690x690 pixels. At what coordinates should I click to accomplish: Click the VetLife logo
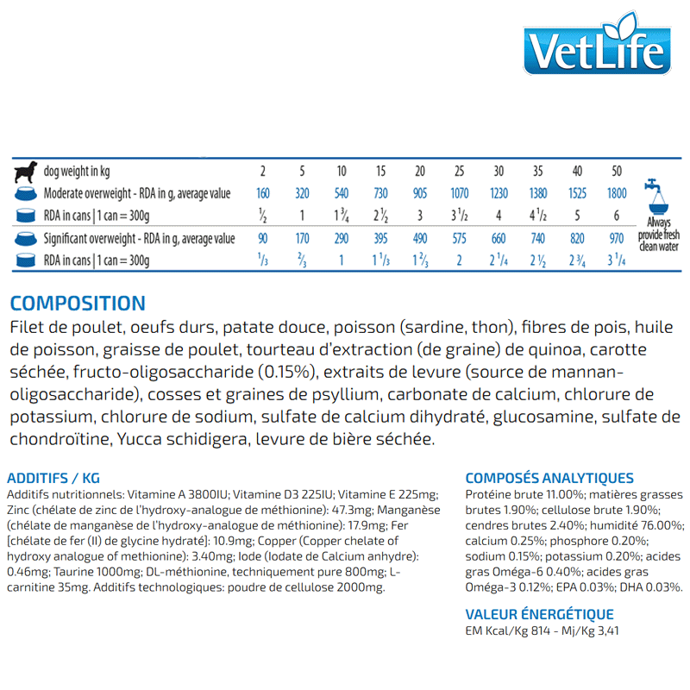pyautogui.click(x=597, y=51)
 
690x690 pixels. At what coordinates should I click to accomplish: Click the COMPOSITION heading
pyautogui.click(x=78, y=304)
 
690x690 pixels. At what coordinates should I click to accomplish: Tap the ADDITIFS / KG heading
pyautogui.click(x=53, y=478)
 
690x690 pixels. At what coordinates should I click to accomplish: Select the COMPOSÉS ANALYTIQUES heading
pyautogui.click(x=549, y=478)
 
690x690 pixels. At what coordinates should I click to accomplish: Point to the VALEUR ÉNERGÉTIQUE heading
pyautogui.click(x=539, y=614)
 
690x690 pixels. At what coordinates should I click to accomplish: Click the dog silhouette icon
pyautogui.click(x=26, y=171)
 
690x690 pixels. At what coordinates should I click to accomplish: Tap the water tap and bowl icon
pyautogui.click(x=657, y=195)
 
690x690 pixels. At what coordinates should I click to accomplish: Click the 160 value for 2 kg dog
pyautogui.click(x=263, y=194)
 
